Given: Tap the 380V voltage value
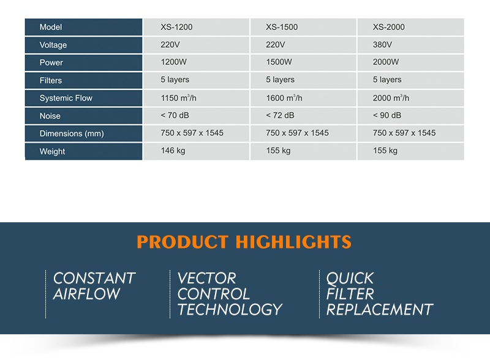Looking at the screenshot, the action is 382,45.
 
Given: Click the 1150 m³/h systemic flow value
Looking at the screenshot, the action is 178,98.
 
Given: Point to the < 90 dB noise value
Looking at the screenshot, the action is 387,115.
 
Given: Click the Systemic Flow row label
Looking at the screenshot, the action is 66,98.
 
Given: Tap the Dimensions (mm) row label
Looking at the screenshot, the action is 72,133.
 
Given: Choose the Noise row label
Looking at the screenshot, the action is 50,116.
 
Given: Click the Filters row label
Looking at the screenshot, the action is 51,81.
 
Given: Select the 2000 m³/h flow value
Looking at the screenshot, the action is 391,98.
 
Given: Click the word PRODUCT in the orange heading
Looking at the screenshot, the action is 183,242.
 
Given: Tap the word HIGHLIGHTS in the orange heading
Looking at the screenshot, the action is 293,242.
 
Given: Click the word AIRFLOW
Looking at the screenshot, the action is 86,294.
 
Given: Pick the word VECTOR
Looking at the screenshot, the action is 207,278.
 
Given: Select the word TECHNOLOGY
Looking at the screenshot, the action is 230,309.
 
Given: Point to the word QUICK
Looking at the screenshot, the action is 350,279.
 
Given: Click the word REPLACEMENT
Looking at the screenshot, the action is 380,309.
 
